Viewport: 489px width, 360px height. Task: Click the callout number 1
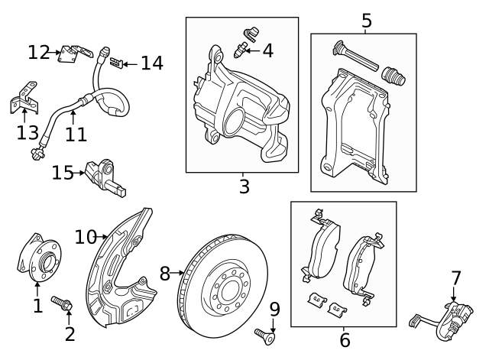pyautogui.click(x=37, y=306)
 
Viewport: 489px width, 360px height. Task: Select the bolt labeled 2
pyautogui.click(x=62, y=304)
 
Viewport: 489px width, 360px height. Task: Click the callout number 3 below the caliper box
pyautogui.click(x=244, y=186)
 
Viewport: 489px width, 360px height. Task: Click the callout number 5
pyautogui.click(x=367, y=20)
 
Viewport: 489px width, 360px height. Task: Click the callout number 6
pyautogui.click(x=345, y=339)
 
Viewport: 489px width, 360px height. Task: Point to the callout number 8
pyautogui.click(x=165, y=272)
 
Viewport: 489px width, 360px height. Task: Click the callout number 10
pyautogui.click(x=86, y=237)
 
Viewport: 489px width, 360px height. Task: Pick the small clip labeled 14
pyautogui.click(x=116, y=62)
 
